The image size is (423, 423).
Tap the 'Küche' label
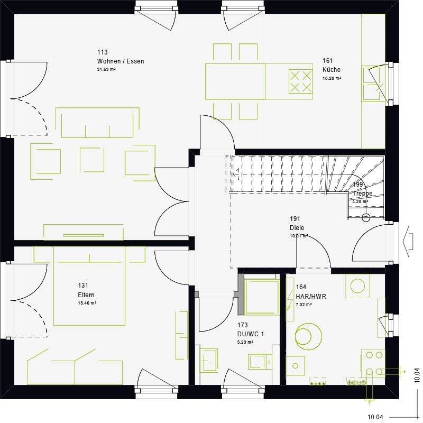(332, 70)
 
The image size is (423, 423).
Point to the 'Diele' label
(297, 228)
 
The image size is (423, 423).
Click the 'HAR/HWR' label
(311, 297)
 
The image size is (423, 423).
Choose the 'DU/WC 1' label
(250, 334)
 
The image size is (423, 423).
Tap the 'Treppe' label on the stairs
(363, 194)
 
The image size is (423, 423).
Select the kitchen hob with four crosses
(300, 81)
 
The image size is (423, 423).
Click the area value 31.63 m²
(106, 69)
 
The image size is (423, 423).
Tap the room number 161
(328, 61)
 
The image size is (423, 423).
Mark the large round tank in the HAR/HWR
(308, 335)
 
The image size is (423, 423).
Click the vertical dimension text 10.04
(417, 375)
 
